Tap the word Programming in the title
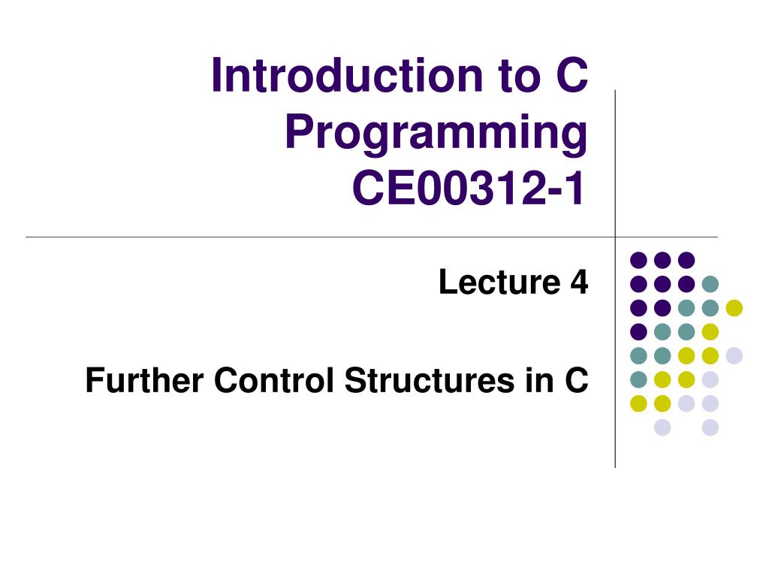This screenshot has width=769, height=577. click(x=436, y=132)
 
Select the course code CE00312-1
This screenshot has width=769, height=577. click(x=469, y=187)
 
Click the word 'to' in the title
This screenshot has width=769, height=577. click(x=519, y=76)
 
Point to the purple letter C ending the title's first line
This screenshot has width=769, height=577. click(x=571, y=75)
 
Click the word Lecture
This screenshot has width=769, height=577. click(x=499, y=282)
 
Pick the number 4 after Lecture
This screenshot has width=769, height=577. click(x=579, y=282)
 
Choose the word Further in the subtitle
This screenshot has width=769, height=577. click(x=144, y=380)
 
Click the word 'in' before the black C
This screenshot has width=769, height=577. click(x=536, y=380)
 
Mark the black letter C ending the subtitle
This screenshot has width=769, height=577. click(x=576, y=380)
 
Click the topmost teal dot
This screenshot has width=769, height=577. click(x=710, y=283)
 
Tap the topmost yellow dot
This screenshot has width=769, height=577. click(x=734, y=307)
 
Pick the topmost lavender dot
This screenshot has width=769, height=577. click(x=734, y=355)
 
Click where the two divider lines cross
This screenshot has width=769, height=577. click(x=615, y=237)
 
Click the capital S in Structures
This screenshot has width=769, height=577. click(x=357, y=380)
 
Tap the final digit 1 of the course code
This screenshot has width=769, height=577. click(x=575, y=187)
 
